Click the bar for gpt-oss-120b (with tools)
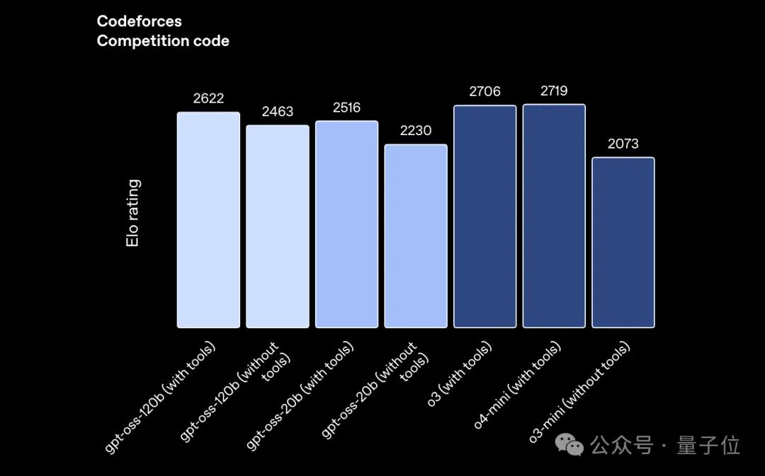(208, 219)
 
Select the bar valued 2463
(278, 226)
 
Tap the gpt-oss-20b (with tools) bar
(346, 224)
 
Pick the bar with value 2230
(416, 236)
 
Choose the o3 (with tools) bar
(485, 216)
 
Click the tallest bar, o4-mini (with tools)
(554, 216)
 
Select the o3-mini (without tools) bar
(623, 242)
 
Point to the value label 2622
(208, 98)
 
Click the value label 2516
(346, 108)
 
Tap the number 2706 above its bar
(484, 91)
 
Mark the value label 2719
(554, 91)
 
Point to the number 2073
(623, 144)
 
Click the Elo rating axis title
(132, 213)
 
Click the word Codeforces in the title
(139, 22)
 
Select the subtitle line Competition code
(163, 41)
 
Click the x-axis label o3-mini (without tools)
(582, 392)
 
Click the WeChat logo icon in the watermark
(569, 445)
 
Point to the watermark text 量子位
(708, 446)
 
